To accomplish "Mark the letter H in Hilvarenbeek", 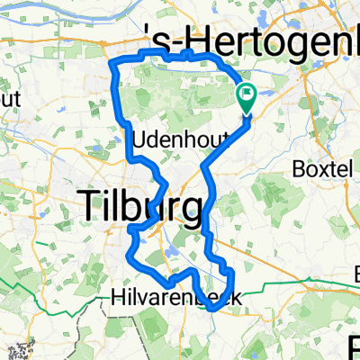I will pyautogui.click(x=118, y=296).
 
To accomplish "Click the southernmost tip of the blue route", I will pyautogui.click(x=214, y=309).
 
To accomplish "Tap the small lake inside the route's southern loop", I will pyautogui.click(x=170, y=262).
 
